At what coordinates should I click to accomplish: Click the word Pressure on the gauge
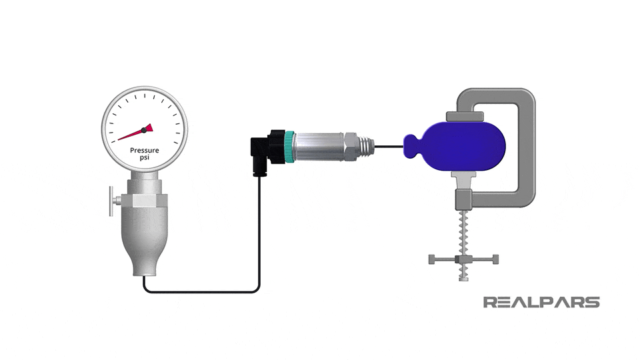(144, 151)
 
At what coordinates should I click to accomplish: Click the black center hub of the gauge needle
(143, 129)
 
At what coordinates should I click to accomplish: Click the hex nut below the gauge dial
(145, 199)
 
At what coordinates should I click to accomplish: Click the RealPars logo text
(541, 302)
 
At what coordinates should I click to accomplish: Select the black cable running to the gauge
(200, 291)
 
